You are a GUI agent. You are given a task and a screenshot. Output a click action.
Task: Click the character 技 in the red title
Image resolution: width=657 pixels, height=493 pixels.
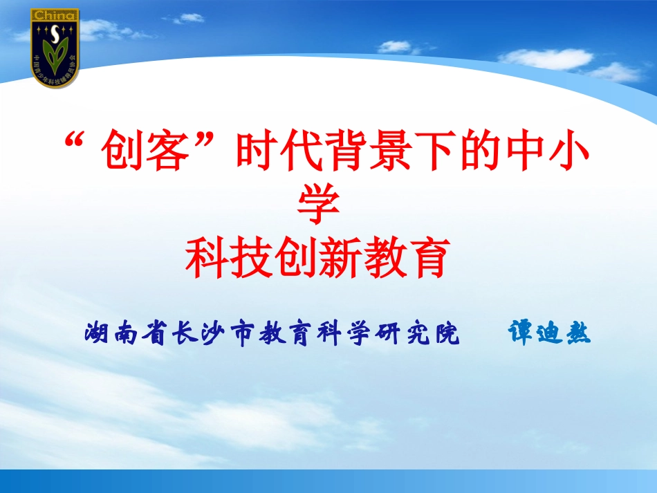tap(255, 255)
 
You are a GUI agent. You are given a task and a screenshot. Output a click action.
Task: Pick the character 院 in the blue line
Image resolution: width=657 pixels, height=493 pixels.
tap(447, 334)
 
